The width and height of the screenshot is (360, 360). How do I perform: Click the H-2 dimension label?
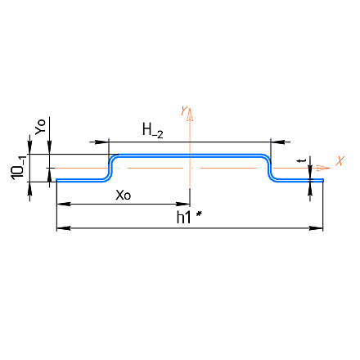pos(153,131)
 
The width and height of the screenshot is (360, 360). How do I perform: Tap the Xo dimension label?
pos(124,196)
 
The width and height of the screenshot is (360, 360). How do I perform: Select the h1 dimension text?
pos(183,218)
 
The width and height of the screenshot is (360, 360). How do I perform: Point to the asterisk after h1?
pos(199,214)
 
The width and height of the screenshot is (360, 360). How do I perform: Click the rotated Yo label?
pos(41,127)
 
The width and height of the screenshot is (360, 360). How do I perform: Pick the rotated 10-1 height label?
pos(18,167)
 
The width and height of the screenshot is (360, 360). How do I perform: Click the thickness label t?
pos(302,160)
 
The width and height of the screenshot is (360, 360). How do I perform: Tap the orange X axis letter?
pos(340,161)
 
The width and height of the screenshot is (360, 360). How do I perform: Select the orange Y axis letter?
pos(184,110)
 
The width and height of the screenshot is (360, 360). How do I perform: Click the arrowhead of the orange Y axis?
pos(190,115)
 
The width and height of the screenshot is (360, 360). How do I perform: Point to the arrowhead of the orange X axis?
pos(323,168)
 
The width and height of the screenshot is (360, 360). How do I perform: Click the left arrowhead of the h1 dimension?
pos(63,228)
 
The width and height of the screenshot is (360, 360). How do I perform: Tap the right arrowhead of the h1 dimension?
pos(316,228)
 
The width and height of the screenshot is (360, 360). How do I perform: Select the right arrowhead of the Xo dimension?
pos(183,204)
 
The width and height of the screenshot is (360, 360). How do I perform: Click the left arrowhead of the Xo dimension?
pos(63,204)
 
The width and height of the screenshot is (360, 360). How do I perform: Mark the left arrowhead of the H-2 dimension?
pos(101,142)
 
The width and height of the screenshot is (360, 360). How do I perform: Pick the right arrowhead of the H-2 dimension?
pos(277,142)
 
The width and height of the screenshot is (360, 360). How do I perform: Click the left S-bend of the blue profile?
pos(110,168)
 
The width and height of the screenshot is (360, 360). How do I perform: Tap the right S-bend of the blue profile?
pos(270,168)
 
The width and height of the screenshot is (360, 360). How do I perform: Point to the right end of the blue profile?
pos(323,180)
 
